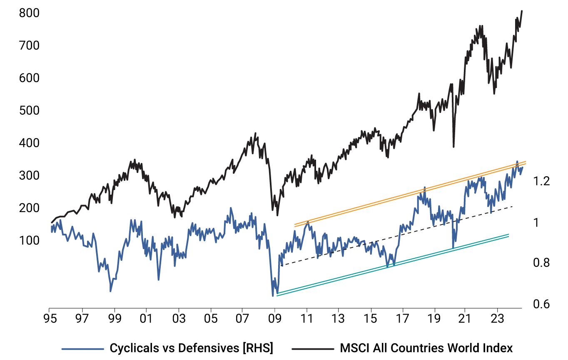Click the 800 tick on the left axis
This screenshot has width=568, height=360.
tap(30, 13)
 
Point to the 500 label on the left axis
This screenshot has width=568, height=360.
tap(30, 111)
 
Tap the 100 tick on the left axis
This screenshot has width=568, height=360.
tap(30, 241)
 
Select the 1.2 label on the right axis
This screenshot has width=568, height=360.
tap(541, 181)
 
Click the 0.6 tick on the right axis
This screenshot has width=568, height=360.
tap(541, 304)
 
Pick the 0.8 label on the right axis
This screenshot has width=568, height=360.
tap(541, 262)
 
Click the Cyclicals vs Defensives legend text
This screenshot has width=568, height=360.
tap(191, 347)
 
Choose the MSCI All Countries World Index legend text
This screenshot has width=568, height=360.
tap(426, 347)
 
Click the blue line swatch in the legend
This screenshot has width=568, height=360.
tap(82, 348)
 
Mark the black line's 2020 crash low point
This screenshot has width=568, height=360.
tap(453, 147)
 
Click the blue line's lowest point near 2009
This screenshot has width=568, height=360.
tap(273, 296)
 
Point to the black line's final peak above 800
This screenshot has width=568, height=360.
tap(522, 11)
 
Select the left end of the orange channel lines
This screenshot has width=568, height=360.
tap(294, 225)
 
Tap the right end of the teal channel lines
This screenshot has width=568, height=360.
tap(509, 235)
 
